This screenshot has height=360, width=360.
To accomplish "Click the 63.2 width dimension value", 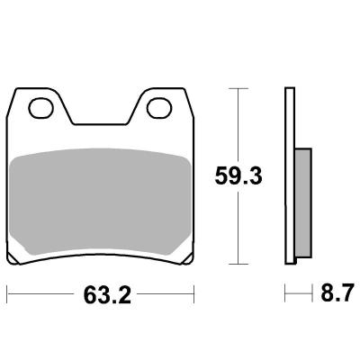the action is pos(107,294).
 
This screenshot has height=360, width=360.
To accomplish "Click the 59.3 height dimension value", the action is pos(238,176).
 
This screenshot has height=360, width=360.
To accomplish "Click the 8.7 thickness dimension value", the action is pos(336,292).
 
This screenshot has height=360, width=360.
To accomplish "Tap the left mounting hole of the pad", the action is pos(40,108).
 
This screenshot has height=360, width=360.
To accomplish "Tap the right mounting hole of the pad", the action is pos(159,108).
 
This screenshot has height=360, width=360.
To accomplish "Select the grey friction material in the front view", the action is pos(100,202).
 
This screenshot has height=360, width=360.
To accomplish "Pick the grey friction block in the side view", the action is pos(303,202).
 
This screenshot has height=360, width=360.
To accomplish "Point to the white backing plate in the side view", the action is pos(290,175).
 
